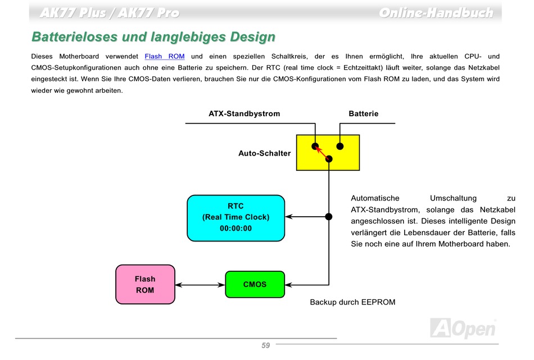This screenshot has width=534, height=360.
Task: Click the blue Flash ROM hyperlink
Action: (165, 57)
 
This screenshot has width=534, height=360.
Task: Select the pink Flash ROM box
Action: (145, 284)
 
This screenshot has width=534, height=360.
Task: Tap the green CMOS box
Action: (255, 284)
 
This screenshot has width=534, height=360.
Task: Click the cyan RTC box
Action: (236, 218)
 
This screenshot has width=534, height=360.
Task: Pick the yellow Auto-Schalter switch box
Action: (328, 152)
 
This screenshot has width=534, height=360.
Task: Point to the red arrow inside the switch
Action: (322, 152)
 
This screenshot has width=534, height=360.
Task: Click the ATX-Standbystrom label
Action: (244, 113)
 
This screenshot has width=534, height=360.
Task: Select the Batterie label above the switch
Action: (363, 113)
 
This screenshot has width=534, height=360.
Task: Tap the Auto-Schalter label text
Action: (265, 153)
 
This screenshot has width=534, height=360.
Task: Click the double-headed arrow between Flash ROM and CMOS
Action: (200, 285)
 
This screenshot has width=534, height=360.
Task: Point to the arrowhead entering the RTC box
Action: (288, 216)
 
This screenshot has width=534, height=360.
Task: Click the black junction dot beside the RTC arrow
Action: (329, 216)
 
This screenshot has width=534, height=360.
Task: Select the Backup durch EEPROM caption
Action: (352, 302)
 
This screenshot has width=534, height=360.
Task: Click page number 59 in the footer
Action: (266, 345)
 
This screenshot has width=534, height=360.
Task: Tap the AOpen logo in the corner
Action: (463, 329)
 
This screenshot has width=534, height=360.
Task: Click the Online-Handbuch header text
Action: (436, 13)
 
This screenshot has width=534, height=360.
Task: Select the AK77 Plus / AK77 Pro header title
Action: (110, 13)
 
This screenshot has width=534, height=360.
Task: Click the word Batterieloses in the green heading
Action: (75, 37)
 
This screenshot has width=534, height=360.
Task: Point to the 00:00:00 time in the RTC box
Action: (236, 229)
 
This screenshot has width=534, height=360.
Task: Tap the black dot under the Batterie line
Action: (340, 147)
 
